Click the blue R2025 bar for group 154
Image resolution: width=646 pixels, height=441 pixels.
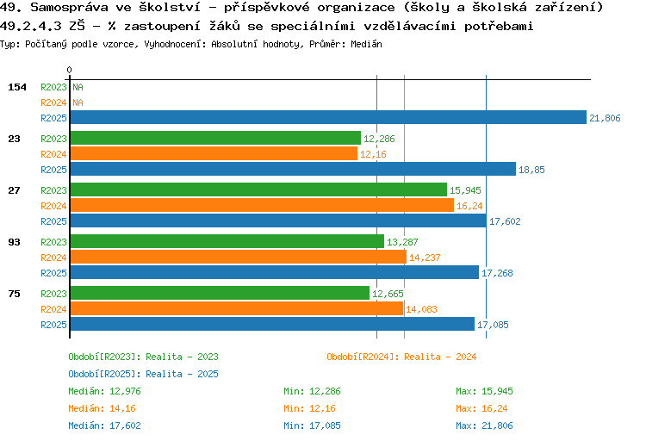click(x=327, y=118)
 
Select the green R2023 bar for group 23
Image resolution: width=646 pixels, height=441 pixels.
click(x=214, y=138)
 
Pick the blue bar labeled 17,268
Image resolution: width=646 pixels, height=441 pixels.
click(x=274, y=272)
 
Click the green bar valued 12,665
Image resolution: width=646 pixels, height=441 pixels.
click(x=219, y=293)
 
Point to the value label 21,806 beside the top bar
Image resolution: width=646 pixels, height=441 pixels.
click(x=605, y=118)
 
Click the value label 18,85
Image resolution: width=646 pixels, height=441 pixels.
click(x=531, y=170)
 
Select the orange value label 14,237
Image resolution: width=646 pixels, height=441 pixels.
click(x=425, y=257)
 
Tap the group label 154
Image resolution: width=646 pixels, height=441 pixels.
click(x=17, y=87)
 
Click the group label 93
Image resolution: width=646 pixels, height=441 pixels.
click(x=14, y=242)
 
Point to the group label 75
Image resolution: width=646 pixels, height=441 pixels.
click(x=14, y=294)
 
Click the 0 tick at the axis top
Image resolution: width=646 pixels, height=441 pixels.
click(x=70, y=69)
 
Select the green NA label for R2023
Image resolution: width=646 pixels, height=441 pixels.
click(x=78, y=87)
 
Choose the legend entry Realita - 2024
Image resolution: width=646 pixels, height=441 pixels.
click(x=401, y=357)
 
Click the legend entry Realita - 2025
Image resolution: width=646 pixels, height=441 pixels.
click(x=143, y=374)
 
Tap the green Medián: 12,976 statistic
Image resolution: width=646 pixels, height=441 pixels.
click(x=104, y=391)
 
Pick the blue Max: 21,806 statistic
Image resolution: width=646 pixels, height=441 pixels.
click(x=484, y=425)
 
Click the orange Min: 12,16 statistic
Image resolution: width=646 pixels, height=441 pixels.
click(x=312, y=408)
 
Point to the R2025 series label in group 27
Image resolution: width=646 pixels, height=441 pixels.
click(x=53, y=221)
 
